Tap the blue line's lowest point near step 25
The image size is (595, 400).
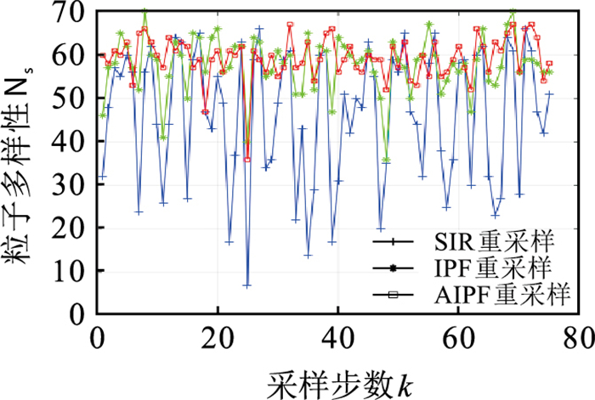(x=247, y=286)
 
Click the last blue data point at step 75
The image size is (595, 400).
(x=549, y=94)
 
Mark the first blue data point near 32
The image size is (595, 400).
(x=103, y=177)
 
